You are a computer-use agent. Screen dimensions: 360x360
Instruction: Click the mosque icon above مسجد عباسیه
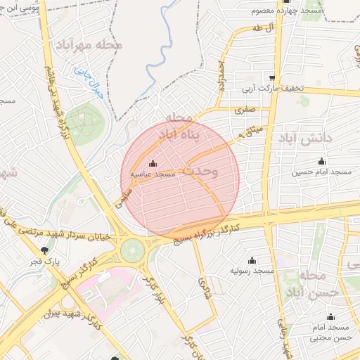tap(153, 163)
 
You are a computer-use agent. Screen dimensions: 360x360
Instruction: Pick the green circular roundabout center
tap(131, 250)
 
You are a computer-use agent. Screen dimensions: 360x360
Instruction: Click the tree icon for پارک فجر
tap(46, 250)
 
